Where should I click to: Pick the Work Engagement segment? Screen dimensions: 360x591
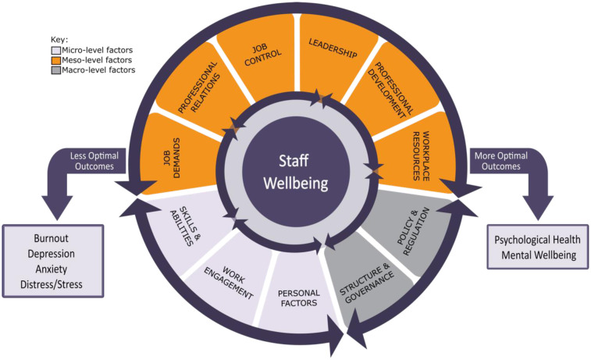(x=233, y=280)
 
